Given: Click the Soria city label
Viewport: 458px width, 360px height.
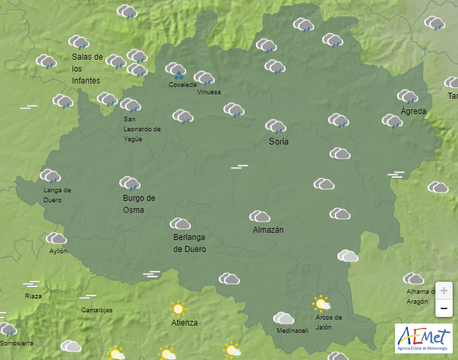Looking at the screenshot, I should [x=278, y=141].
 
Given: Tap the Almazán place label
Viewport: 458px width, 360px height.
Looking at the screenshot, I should [x=268, y=230].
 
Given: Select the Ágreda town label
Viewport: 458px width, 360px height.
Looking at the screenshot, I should [x=413, y=111].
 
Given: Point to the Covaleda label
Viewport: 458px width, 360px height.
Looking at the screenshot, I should [x=182, y=85].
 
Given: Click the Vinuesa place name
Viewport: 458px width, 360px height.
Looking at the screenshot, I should [x=209, y=92].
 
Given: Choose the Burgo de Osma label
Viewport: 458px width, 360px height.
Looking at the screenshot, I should [x=139, y=204].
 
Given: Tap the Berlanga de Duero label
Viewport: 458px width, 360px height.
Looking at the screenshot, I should [x=190, y=243].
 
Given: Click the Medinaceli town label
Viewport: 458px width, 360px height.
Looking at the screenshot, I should [x=292, y=331].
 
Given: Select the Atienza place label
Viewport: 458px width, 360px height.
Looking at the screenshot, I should [x=184, y=323].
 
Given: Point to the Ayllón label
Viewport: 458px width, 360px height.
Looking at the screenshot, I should [x=58, y=251].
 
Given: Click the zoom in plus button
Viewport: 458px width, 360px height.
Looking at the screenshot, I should [x=443, y=291].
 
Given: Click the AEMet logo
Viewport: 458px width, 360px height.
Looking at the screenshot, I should [x=423, y=338].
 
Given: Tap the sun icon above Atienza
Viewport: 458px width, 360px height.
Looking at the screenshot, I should [x=177, y=308].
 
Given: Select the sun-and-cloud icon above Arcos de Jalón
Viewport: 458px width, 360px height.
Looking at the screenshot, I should [x=321, y=304].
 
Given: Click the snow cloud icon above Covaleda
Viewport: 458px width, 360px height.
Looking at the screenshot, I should [x=176, y=70].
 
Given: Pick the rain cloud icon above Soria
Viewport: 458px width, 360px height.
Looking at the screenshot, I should [x=275, y=126].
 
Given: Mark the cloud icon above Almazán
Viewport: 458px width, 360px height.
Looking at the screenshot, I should [x=259, y=216].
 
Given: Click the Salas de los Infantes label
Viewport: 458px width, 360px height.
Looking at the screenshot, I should [x=87, y=69].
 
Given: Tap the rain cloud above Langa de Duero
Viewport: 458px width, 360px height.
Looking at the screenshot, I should [x=50, y=176].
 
